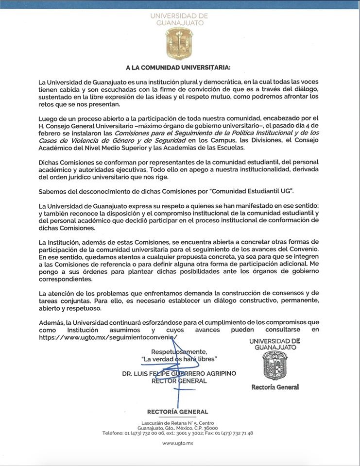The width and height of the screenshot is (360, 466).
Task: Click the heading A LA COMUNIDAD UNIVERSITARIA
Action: [x=178, y=67]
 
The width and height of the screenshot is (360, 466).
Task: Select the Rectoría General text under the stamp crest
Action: [x=275, y=387]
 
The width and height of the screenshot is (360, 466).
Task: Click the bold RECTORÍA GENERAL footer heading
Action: [x=177, y=412]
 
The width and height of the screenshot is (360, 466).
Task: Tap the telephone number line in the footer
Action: [x=177, y=433]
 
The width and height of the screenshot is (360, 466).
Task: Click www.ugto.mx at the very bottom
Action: [x=177, y=443]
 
